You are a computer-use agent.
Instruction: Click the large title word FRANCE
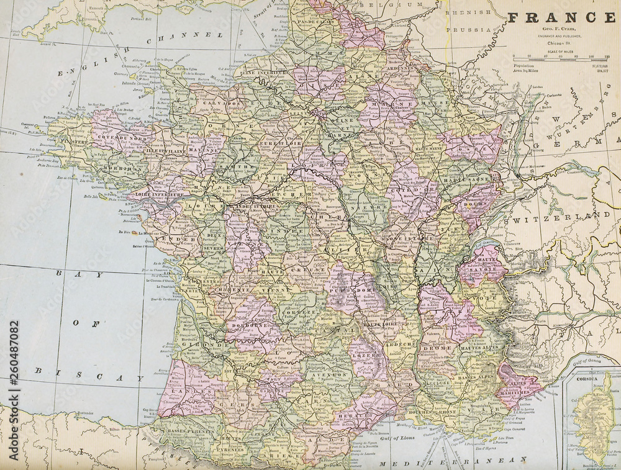(561, 17)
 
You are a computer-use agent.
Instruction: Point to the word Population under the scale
(523, 65)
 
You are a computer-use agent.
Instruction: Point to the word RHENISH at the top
(458, 12)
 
